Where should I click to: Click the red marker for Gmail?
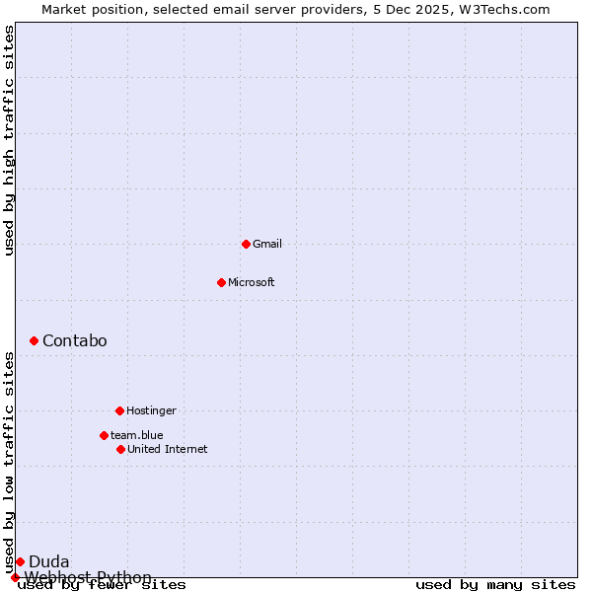coord(246,244)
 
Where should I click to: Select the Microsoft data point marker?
coord(221,282)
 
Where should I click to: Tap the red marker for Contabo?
coord(34,340)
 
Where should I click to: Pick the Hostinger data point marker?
coord(119,410)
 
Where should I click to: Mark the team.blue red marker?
coord(104,435)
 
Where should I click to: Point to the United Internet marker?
coord(120,449)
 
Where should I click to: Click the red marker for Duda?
coord(20,561)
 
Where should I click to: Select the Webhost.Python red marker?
coord(15,577)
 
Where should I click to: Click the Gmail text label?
coord(267,244)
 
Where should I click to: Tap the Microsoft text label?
coord(252,282)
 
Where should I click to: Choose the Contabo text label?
coord(75,340)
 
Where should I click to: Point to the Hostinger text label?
coord(151,410)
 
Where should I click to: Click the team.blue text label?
coord(137,435)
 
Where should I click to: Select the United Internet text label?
coord(168,449)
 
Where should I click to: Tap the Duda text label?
coord(49,561)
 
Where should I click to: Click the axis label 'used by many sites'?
coord(495,585)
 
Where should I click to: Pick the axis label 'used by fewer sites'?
coord(102,585)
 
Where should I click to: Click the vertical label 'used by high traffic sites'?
coord(10,140)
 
